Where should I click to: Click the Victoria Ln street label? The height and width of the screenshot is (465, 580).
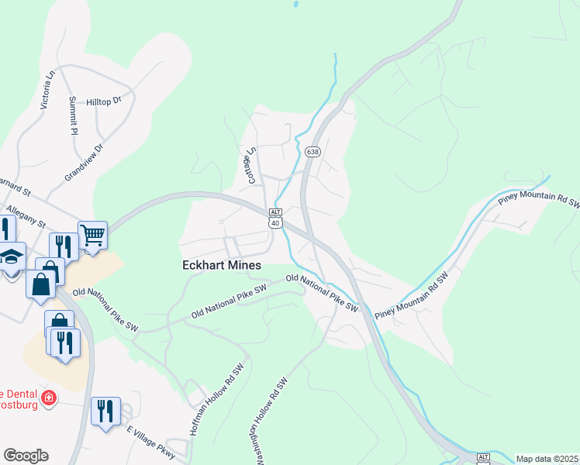tap(47, 88)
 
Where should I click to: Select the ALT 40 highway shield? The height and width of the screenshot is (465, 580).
tap(275, 218)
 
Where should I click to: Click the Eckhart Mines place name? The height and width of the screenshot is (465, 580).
tap(222, 265)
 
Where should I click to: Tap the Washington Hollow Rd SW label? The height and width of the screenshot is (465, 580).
tap(271, 422)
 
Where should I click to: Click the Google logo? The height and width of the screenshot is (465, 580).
tap(26, 456)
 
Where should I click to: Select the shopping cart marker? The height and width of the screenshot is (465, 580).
tap(92, 234)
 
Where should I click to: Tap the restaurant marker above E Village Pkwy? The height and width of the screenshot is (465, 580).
tap(105, 410)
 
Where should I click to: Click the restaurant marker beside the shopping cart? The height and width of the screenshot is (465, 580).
tap(64, 246)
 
